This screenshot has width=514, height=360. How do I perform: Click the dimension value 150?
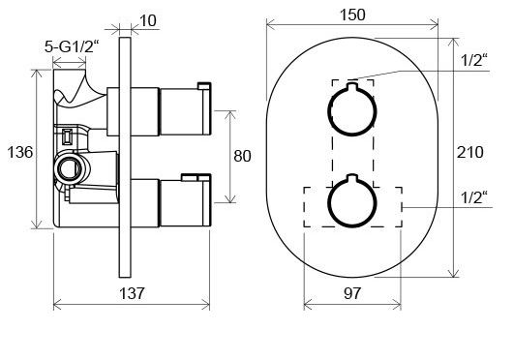352,15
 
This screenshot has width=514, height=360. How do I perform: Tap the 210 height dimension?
470,152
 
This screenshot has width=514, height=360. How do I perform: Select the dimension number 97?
352,293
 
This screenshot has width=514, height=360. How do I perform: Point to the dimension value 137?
132,293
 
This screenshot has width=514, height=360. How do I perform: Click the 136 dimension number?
20,152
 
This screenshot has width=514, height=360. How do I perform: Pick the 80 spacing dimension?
242,156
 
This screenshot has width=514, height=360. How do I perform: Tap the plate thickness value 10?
148,20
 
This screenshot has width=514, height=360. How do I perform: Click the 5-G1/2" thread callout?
72,46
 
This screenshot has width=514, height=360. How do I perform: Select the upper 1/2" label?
474,60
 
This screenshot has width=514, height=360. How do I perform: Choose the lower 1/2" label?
474,197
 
